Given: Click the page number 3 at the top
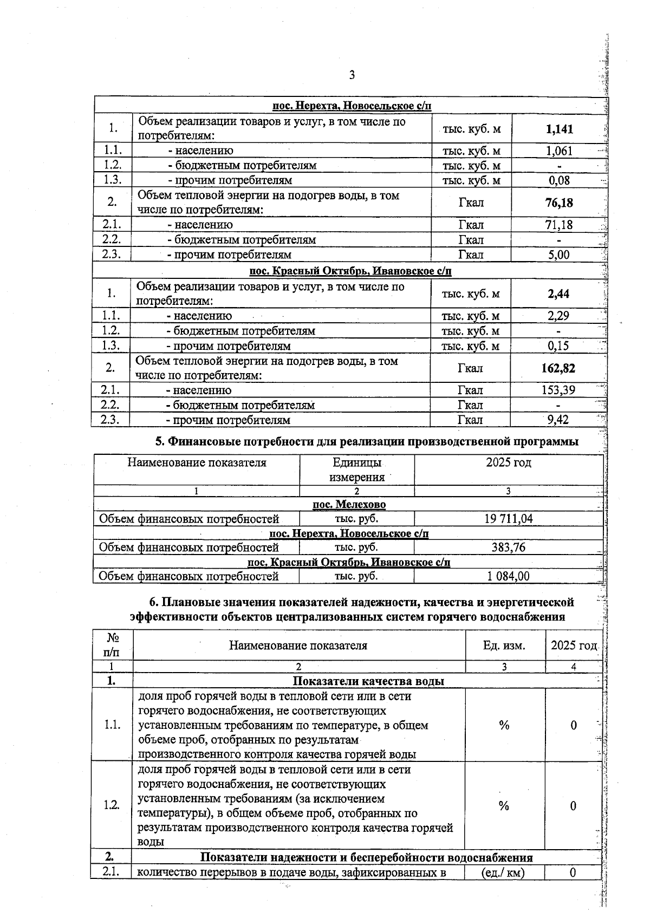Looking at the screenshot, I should click(x=352, y=75).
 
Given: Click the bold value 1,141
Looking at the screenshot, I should click(x=560, y=129).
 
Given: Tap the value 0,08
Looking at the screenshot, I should click(x=559, y=180).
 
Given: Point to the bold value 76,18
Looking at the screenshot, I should click(x=559, y=203).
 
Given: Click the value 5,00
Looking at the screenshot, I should click(x=559, y=255).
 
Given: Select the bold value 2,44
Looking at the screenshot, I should click(x=558, y=294).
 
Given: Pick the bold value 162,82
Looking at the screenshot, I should click(x=558, y=368).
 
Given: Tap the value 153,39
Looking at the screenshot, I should click(x=558, y=390).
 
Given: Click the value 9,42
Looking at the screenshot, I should click(x=558, y=420).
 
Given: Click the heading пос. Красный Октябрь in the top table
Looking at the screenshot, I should click(x=350, y=271).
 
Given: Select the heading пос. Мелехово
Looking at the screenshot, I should click(x=349, y=505).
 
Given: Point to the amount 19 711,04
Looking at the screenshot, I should click(x=508, y=519).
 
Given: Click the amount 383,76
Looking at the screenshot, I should click(x=508, y=548).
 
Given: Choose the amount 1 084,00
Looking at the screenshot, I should click(x=508, y=576).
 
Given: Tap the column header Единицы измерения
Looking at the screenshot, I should click(x=356, y=470).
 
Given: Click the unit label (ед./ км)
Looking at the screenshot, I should click(x=504, y=872).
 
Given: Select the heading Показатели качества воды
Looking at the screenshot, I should click(x=368, y=681).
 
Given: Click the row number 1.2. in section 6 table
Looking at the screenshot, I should click(x=112, y=805).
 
